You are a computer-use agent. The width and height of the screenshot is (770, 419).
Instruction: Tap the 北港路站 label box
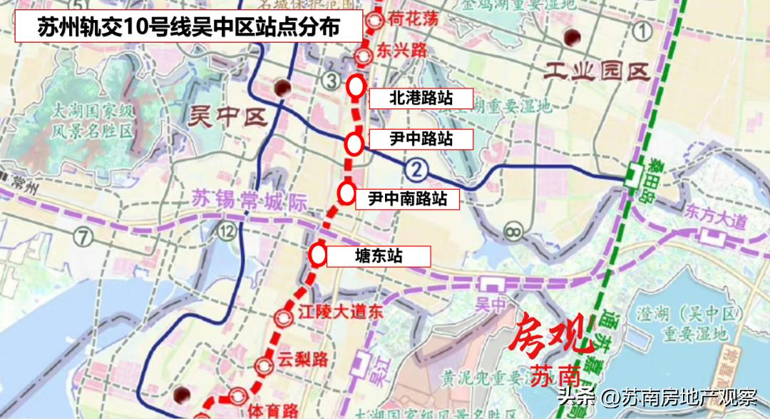pyautogui.click(x=421, y=98)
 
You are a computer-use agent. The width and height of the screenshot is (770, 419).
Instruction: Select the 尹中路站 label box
pyautogui.click(x=421, y=138)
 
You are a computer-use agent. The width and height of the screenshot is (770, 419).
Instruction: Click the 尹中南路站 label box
pyautogui.click(x=407, y=198)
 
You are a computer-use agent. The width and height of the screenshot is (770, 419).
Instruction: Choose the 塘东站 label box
pyautogui.click(x=379, y=256)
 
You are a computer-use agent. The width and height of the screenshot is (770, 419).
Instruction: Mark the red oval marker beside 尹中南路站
pyautogui.click(x=347, y=192)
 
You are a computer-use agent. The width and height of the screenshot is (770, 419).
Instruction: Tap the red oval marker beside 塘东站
pyautogui.click(x=318, y=253)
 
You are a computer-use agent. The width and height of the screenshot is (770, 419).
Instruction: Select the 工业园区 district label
pyautogui.click(x=595, y=71)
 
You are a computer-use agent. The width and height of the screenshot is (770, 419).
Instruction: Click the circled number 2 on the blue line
pyautogui.click(x=417, y=169)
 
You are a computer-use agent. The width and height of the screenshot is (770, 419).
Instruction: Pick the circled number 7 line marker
pyautogui.click(x=84, y=236)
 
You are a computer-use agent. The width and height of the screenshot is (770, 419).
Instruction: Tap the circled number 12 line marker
pyautogui.click(x=227, y=230)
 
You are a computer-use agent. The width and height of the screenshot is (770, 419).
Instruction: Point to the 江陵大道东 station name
pyautogui.click(x=330, y=312)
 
